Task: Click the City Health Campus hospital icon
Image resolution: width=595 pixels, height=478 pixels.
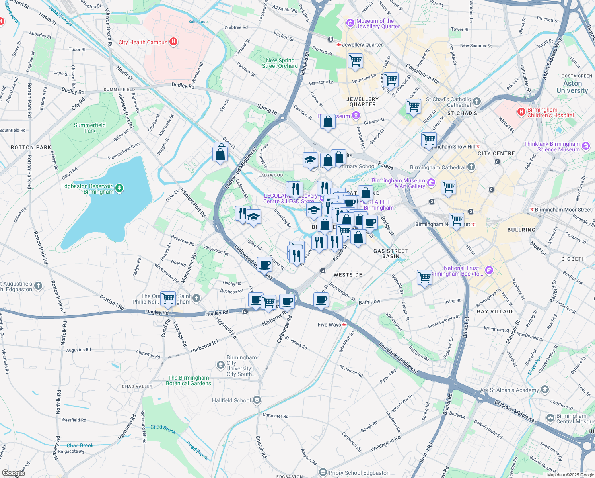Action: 173,42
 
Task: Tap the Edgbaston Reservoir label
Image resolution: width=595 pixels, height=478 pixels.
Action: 87,189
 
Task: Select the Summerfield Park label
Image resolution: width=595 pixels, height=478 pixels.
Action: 90,128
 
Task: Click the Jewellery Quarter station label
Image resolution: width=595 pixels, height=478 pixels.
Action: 362,45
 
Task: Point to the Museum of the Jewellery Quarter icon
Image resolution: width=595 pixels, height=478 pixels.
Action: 350,24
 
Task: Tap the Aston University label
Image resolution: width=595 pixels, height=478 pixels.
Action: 572,87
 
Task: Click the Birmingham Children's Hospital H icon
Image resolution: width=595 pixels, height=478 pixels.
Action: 521,112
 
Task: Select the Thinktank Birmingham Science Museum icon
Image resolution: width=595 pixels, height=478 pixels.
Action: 586,146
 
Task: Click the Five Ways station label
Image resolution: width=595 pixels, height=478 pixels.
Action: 329,325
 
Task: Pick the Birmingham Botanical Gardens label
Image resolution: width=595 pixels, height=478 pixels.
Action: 189,380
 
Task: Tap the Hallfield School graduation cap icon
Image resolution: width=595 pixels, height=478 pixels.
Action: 257,400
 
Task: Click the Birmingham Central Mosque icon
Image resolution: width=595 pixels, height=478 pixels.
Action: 550,418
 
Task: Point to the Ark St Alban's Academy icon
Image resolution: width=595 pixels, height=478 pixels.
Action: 545,390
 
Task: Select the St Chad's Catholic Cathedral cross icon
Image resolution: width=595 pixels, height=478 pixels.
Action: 477,102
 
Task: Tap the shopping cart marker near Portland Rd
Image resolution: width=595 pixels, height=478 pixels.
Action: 169,298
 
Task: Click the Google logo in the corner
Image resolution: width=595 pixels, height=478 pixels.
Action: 13,473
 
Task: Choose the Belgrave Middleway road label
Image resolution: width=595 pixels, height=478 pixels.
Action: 515,411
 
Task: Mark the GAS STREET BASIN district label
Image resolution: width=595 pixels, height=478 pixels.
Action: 391,253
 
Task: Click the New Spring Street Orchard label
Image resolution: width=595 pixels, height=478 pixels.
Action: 280,63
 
